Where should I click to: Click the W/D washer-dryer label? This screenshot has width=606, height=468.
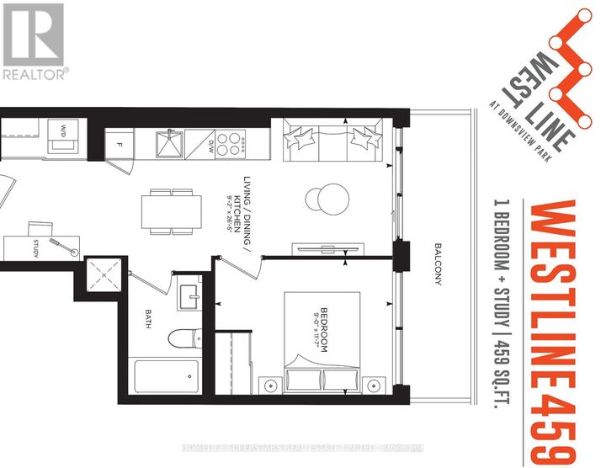click(64, 130)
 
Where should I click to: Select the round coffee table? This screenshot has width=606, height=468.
click(322, 199)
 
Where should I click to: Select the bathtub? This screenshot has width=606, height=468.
click(166, 376)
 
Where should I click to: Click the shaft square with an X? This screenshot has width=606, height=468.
click(105, 274)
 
